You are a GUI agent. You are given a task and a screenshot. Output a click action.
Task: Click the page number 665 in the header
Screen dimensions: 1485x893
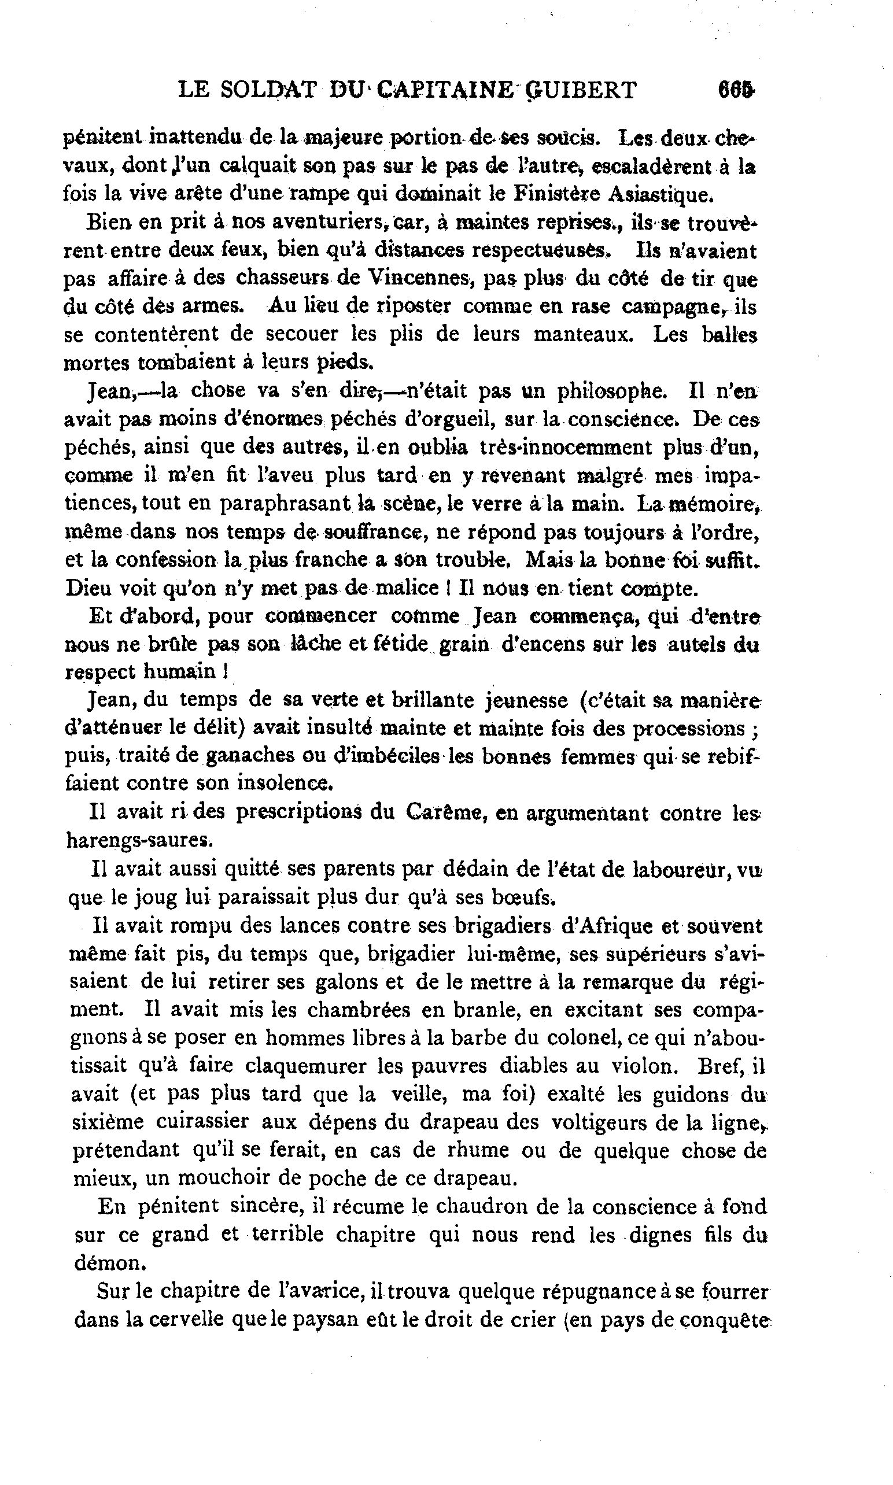pos(735,90)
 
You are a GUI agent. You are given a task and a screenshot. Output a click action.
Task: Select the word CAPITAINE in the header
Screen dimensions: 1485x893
pos(445,90)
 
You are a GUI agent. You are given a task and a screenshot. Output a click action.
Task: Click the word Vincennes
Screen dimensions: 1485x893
pos(419,279)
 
